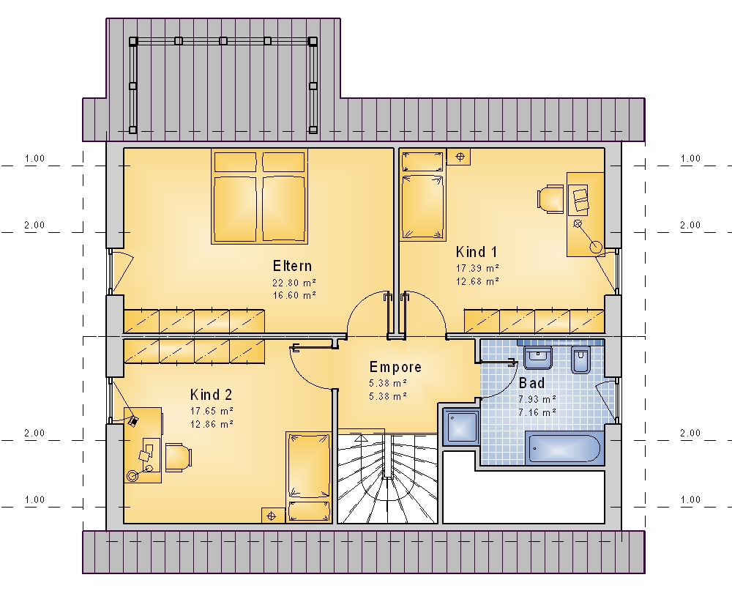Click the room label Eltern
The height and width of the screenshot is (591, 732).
tap(292, 266)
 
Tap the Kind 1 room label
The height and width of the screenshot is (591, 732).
tap(477, 252)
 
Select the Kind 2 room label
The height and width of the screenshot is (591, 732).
tap(211, 395)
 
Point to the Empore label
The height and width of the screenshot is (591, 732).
tap(395, 367)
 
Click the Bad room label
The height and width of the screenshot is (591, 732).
tap(531, 383)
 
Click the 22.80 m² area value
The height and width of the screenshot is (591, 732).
tap(294, 283)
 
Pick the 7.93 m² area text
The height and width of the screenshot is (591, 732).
tap(537, 399)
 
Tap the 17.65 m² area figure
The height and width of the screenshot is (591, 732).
tap(212, 411)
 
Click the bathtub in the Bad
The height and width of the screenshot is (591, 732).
tap(562, 447)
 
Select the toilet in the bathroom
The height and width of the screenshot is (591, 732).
tap(580, 360)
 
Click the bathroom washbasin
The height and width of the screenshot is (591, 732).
tap(538, 357)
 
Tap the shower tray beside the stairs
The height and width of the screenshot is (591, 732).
tap(460, 426)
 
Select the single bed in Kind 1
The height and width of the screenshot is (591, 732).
tap(422, 196)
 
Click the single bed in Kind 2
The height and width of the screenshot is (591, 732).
tap(309, 477)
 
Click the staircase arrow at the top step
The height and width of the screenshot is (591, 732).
tap(362, 438)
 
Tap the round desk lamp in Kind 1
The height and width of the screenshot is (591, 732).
tap(596, 246)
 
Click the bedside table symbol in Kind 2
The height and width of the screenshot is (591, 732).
tap(272, 516)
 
